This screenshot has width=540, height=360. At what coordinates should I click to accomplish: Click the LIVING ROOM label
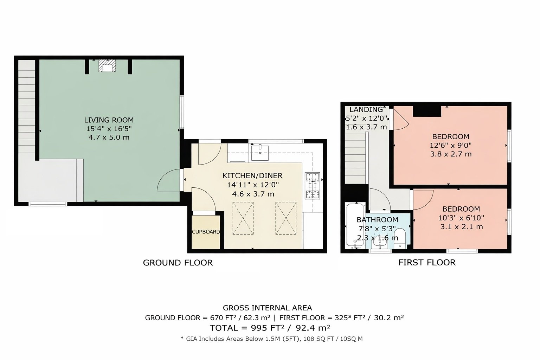click(x=109, y=120)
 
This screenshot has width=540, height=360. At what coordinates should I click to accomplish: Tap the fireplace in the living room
click(x=107, y=66)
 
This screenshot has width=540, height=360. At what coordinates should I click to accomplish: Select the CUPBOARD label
click(x=206, y=232)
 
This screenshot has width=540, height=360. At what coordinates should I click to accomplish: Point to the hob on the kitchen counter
click(x=313, y=186)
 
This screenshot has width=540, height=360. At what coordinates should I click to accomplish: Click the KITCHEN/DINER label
click(x=252, y=175)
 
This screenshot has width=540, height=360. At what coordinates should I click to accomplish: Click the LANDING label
click(x=366, y=109)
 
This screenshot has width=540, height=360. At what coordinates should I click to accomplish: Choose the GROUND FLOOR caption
click(x=178, y=263)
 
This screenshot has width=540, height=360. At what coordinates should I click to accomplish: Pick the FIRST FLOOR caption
click(x=427, y=262)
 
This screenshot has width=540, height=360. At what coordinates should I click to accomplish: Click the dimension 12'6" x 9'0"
click(x=451, y=146)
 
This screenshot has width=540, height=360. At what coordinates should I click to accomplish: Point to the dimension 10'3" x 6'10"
click(x=461, y=218)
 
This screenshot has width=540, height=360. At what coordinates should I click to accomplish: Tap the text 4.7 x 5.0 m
click(x=109, y=137)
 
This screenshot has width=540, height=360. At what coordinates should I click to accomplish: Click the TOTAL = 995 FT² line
click(x=270, y=328)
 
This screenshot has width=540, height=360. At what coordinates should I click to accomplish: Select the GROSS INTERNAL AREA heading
click(x=267, y=308)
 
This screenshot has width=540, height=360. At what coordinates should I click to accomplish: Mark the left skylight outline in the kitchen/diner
click(x=243, y=218)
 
